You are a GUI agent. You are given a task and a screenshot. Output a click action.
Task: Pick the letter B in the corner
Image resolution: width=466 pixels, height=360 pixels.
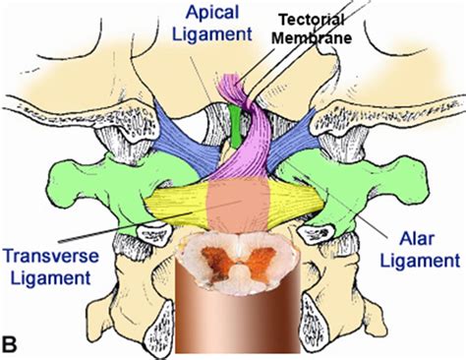point(12,344)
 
